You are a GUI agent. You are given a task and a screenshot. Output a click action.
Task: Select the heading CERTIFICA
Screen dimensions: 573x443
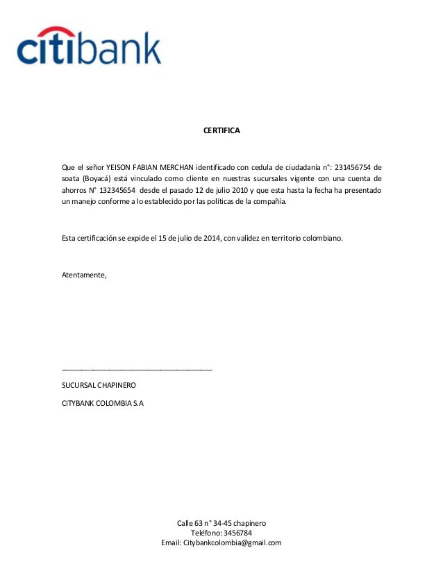tap(221, 130)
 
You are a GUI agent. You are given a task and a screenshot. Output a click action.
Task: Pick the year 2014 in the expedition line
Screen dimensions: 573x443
tap(207, 238)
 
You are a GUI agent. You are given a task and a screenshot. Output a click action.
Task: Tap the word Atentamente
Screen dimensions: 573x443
tap(85, 275)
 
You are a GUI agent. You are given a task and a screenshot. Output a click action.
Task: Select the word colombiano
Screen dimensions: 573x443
tap(320, 238)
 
